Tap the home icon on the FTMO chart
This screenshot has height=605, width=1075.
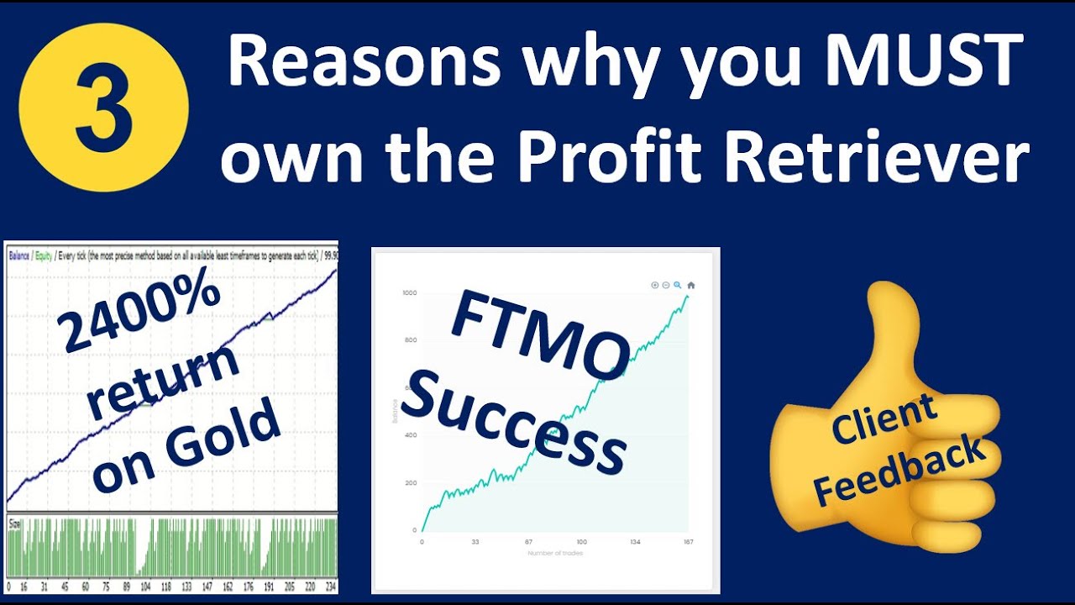click(x=691, y=286)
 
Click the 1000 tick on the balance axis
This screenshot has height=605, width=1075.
click(x=409, y=292)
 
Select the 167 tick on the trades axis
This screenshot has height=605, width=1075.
click(x=689, y=542)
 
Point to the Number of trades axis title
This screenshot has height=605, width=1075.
click(x=554, y=553)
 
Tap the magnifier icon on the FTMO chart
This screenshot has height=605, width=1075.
click(x=678, y=286)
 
